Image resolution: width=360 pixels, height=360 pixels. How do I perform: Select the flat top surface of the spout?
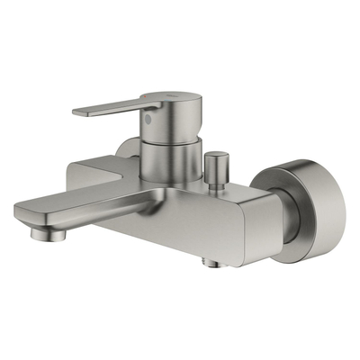[x=90, y=202]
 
